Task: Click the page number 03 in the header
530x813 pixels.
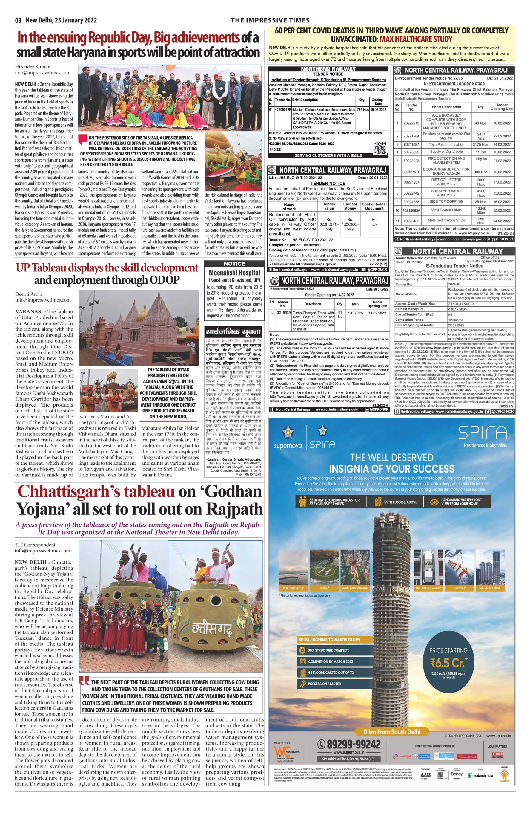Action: (x=18, y=20)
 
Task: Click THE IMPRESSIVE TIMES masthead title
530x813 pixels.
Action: (x=270, y=20)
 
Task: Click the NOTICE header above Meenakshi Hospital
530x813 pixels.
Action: (x=234, y=264)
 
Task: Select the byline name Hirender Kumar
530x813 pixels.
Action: (x=32, y=67)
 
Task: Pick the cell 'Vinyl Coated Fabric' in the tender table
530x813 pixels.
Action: (x=446, y=210)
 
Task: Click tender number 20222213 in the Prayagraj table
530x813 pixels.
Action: (x=411, y=123)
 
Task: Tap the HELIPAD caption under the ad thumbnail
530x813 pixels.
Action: (x=324, y=588)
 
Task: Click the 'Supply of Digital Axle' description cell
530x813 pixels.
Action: (x=446, y=151)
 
